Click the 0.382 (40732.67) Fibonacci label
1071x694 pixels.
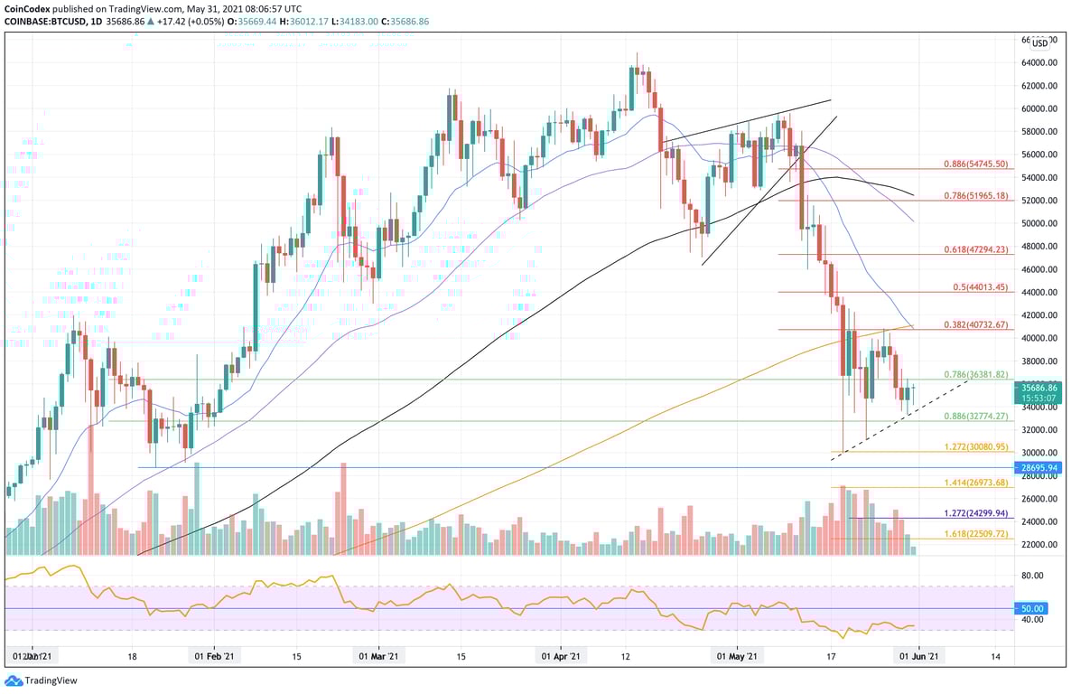(x=974, y=324)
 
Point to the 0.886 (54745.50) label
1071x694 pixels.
(x=974, y=165)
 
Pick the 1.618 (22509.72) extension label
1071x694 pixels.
(x=974, y=535)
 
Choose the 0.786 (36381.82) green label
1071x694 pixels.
(x=974, y=374)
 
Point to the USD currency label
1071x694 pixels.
(x=1040, y=42)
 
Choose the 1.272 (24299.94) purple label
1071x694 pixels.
(x=974, y=513)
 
